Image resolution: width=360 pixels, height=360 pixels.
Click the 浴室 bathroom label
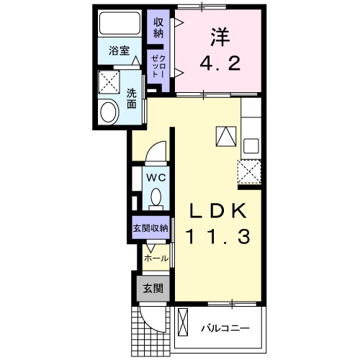(x=119, y=50)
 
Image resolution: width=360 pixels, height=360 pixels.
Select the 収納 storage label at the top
(x=158, y=27)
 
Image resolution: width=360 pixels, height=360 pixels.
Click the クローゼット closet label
(x=158, y=66)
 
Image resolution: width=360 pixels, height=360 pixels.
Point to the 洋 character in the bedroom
(x=220, y=36)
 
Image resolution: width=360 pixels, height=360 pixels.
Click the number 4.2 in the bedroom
(x=220, y=63)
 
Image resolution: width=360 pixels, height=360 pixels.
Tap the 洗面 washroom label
(x=132, y=97)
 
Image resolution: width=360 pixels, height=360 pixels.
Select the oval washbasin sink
(x=110, y=112)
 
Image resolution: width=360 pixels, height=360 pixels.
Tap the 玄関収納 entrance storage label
(x=150, y=228)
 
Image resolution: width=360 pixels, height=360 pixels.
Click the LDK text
(x=218, y=211)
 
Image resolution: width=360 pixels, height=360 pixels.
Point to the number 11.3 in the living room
(x=218, y=236)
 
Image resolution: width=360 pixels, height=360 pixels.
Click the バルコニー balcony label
(x=225, y=328)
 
